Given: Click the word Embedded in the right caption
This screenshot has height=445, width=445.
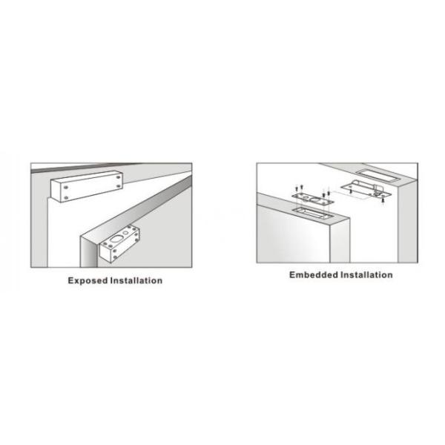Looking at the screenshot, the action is pos(314,274).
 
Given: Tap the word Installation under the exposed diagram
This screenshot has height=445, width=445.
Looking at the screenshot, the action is pos(136,280).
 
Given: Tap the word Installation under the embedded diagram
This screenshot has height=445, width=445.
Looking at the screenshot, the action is pos(366,274).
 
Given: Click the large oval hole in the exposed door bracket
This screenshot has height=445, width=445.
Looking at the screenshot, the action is pos(116,240).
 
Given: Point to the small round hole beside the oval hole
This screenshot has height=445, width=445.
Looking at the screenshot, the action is pos(126,234).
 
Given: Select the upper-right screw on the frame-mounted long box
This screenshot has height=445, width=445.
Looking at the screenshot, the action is pos(118,177).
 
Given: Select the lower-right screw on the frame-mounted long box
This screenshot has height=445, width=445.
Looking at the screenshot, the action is pos(119,186).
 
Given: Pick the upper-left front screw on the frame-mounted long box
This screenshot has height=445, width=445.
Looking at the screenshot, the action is pos(66,188).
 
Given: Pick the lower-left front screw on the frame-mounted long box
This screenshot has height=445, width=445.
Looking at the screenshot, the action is pos(66,197).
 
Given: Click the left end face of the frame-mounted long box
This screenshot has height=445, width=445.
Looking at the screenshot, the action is pos(56,191).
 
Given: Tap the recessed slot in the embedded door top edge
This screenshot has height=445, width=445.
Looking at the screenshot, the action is pos(313,212).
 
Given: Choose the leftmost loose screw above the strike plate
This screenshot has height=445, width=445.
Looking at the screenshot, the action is pos(296,188).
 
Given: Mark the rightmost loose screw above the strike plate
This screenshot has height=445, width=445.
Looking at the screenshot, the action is pos(329,193).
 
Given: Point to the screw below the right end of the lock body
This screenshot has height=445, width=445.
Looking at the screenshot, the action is pos(383,201).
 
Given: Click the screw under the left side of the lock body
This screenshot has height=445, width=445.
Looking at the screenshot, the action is pos(351,191).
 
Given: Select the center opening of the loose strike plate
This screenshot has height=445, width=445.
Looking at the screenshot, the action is pos(314,200).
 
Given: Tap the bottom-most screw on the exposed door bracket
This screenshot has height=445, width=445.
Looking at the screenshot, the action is pos(115,257).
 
